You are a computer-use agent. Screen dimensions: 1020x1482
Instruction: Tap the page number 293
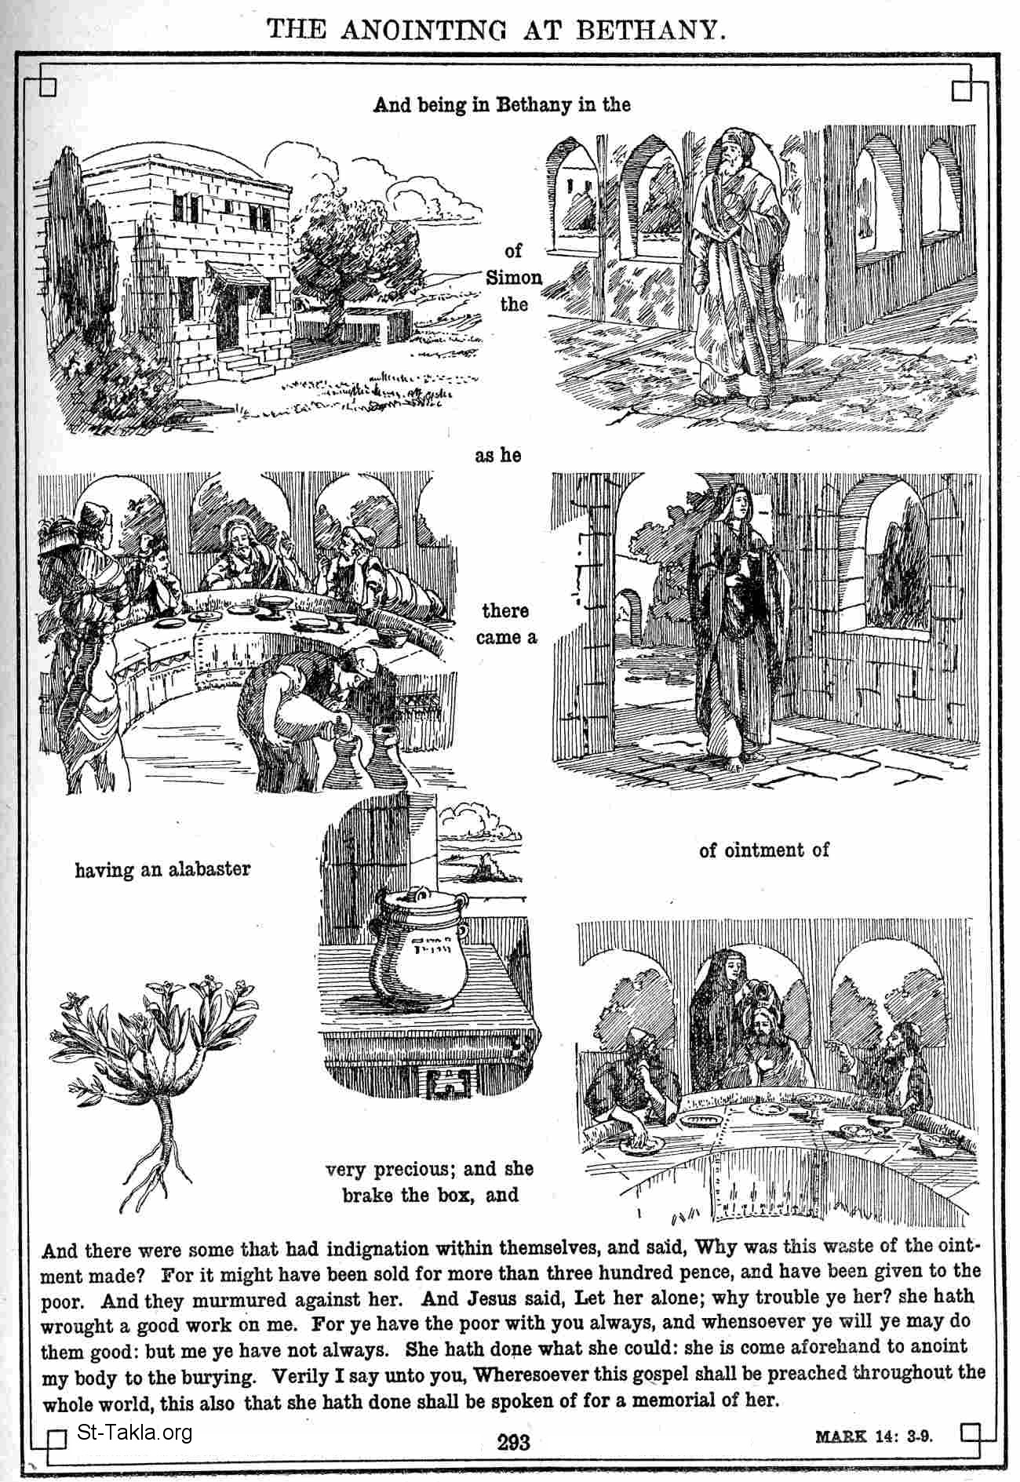click(x=512, y=1442)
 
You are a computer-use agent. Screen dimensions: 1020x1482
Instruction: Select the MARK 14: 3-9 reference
click(x=878, y=1436)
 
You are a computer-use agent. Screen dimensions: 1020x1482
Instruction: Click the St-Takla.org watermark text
click(x=135, y=1433)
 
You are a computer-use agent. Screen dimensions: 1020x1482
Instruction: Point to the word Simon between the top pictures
click(x=514, y=278)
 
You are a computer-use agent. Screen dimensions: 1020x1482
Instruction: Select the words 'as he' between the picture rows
click(x=497, y=455)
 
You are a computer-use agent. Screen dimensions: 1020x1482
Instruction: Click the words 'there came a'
click(x=506, y=624)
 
